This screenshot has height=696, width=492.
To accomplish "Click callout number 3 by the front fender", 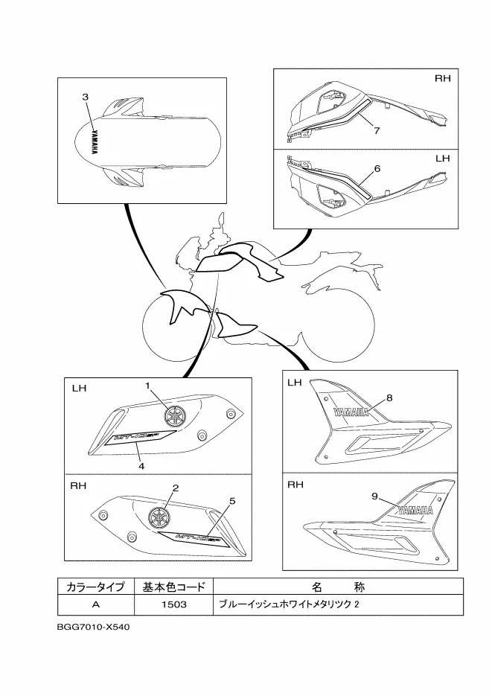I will click(x=86, y=98).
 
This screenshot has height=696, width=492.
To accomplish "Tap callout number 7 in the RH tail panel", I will click(x=377, y=131).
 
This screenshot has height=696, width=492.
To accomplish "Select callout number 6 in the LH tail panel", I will click(x=377, y=169).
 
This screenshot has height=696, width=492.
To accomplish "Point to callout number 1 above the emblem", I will click(x=148, y=385).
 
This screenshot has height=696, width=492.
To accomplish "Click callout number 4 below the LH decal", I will click(x=141, y=465).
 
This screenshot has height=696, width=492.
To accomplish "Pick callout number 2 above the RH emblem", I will click(x=176, y=488).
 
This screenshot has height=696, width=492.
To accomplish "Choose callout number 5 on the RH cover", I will click(x=232, y=501).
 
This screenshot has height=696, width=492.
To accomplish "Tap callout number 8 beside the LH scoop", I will click(x=389, y=398).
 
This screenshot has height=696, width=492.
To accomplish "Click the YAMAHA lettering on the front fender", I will click(x=95, y=141).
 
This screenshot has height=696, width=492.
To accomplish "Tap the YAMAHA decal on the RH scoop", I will click(x=415, y=511).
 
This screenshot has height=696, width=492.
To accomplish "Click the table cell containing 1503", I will click(x=173, y=604).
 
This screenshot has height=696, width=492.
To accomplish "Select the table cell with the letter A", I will click(x=95, y=604).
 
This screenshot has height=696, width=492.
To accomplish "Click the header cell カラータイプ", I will click(x=95, y=586).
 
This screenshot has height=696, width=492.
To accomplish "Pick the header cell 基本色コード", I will click(x=173, y=586).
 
